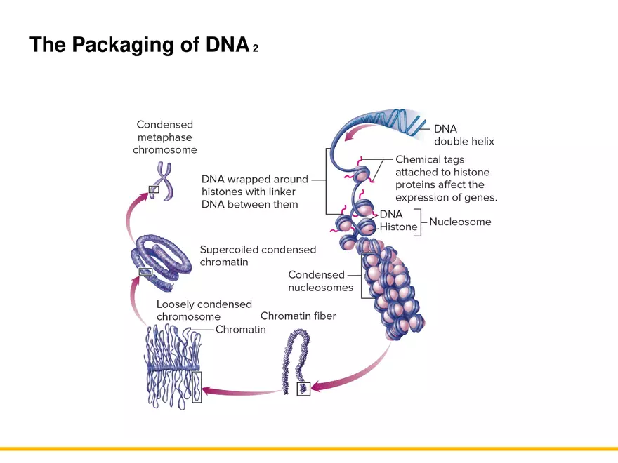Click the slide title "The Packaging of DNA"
(139, 45)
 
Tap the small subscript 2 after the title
(256, 48)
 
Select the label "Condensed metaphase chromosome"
(165, 137)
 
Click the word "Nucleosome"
(460, 222)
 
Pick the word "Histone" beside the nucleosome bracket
(398, 227)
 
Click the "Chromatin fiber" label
(298, 316)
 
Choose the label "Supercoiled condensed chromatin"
(258, 255)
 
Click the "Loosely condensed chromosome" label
(204, 310)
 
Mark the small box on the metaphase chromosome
(154, 189)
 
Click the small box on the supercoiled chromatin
(145, 271)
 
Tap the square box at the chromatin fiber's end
(303, 389)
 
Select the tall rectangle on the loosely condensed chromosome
(197, 387)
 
